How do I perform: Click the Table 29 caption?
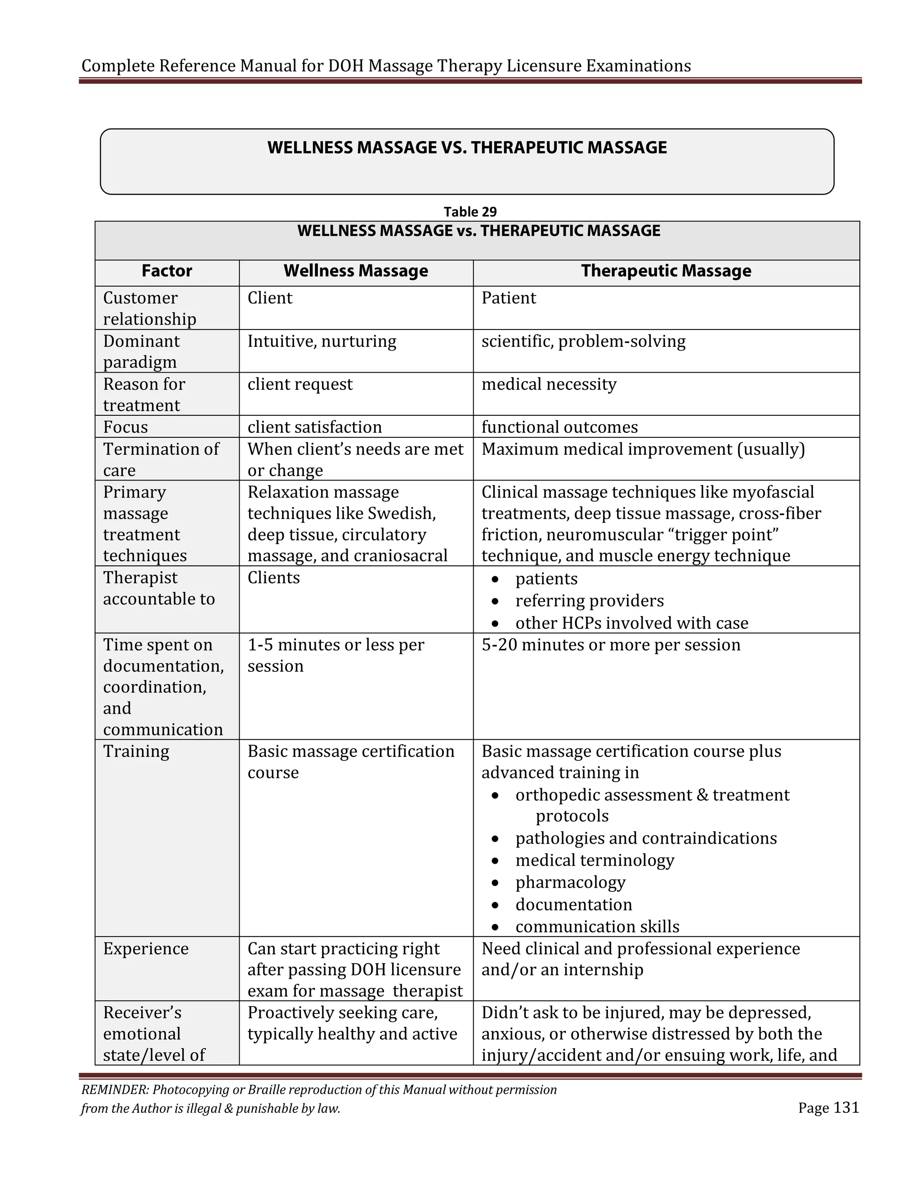tap(470, 212)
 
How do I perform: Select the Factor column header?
tap(166, 271)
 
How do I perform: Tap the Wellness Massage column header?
tap(356, 271)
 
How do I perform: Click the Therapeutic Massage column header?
tap(666, 271)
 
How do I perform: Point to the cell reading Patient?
tap(509, 298)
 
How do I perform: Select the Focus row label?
tap(125, 427)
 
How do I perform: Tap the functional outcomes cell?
tap(559, 427)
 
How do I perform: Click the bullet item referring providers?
tap(589, 601)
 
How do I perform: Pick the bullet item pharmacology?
tap(570, 882)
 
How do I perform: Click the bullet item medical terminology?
tap(595, 861)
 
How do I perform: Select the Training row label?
tap(136, 751)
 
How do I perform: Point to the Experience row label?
tap(146, 949)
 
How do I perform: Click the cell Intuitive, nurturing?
tap(322, 342)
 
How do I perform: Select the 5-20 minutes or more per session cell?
tap(611, 645)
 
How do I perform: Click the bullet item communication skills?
tap(597, 927)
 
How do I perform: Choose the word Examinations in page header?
tap(639, 66)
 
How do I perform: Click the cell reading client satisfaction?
tap(314, 427)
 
